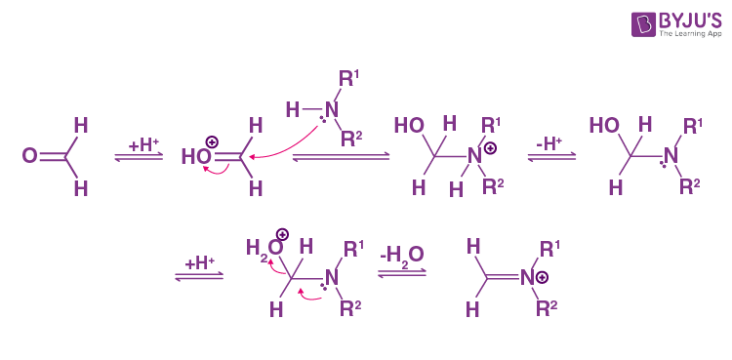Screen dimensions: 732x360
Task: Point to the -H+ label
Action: pos(549,142)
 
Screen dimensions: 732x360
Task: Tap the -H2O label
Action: pos(402,253)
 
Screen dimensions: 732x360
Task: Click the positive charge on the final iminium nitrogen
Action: pos(542,278)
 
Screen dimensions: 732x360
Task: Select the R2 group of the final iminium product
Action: pos(549,309)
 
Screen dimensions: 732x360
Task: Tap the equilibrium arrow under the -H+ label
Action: pos(549,160)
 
